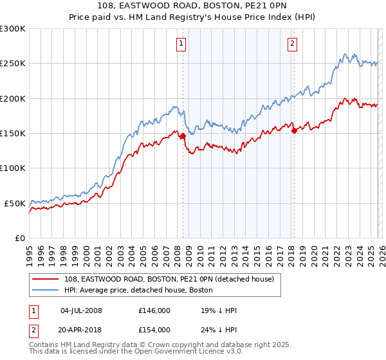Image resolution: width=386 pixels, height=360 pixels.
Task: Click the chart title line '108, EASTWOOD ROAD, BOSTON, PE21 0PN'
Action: [193, 6]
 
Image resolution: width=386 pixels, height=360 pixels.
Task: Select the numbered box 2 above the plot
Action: [292, 44]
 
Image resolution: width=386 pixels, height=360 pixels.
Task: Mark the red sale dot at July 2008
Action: [183, 136]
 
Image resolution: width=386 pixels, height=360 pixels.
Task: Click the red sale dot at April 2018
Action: [294, 130]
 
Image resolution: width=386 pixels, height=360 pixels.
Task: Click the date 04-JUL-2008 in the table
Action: [81, 310]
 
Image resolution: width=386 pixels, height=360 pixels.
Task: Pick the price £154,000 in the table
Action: [154, 329]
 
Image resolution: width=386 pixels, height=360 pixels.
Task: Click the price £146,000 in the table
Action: [154, 310]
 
